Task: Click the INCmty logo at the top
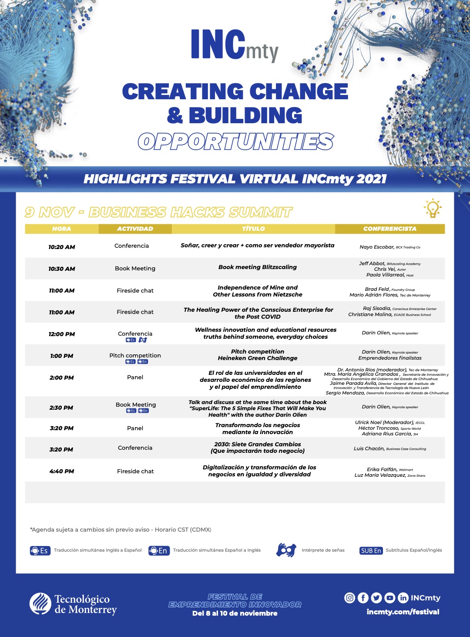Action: (234, 45)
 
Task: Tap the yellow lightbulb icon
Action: (433, 209)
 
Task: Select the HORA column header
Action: (61, 229)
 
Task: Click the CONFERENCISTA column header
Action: (389, 229)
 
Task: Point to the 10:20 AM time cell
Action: (62, 247)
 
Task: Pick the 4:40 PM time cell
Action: (62, 471)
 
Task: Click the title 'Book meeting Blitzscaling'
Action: (258, 267)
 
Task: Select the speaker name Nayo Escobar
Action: (377, 247)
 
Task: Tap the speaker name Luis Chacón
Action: (369, 448)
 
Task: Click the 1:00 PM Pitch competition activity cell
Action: (135, 356)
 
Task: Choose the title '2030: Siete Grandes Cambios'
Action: (258, 445)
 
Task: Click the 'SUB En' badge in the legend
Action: (371, 550)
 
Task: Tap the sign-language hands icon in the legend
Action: (286, 550)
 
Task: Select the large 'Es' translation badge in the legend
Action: (39, 550)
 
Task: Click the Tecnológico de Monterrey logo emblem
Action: (40, 603)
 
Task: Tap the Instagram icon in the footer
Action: (349, 598)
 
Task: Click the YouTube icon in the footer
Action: (390, 598)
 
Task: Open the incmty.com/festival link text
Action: (403, 612)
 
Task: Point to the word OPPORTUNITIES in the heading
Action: (235, 142)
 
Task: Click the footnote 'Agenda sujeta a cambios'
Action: (121, 529)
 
